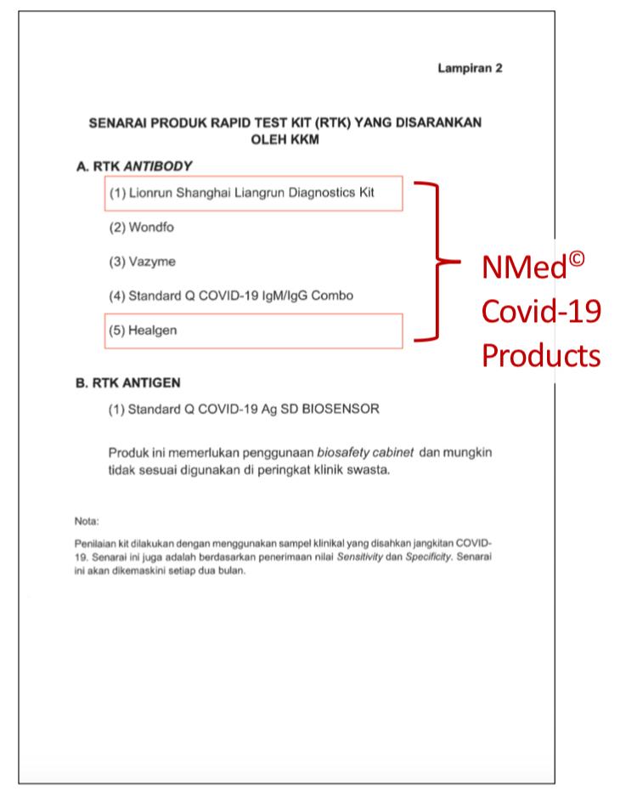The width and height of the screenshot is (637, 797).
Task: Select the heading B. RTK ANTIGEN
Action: click(x=128, y=383)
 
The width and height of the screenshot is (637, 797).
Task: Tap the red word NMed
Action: click(x=524, y=268)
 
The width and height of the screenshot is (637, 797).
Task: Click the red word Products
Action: click(x=541, y=355)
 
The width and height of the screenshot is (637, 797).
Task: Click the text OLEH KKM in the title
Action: click(x=285, y=139)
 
